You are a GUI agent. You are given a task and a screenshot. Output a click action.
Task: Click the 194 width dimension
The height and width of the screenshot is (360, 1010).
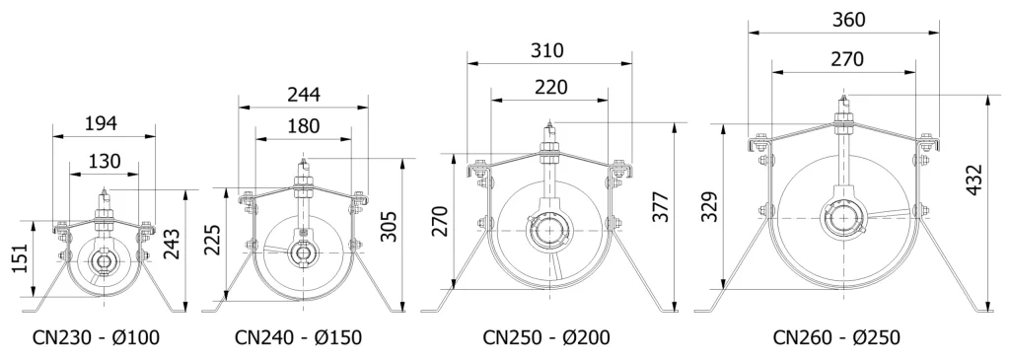(x=102, y=123)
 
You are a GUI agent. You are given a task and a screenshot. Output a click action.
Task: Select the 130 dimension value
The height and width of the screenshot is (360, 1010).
(x=104, y=161)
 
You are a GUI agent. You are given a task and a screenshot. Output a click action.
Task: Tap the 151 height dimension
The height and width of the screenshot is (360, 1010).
(x=22, y=258)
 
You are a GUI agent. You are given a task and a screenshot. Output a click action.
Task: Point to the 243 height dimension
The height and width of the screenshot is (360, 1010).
(x=172, y=244)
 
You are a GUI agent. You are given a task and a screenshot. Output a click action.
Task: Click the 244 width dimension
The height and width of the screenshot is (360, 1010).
(x=304, y=94)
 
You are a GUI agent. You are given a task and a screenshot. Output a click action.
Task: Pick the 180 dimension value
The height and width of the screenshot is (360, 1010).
(x=303, y=126)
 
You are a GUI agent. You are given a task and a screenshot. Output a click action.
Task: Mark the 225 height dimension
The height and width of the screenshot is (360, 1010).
(x=213, y=240)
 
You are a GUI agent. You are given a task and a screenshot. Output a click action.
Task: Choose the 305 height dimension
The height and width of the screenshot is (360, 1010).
(x=389, y=227)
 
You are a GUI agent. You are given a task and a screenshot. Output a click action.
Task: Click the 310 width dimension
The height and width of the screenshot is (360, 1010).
(x=547, y=50)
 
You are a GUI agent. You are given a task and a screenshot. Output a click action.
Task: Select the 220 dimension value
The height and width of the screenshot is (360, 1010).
(x=551, y=87)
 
